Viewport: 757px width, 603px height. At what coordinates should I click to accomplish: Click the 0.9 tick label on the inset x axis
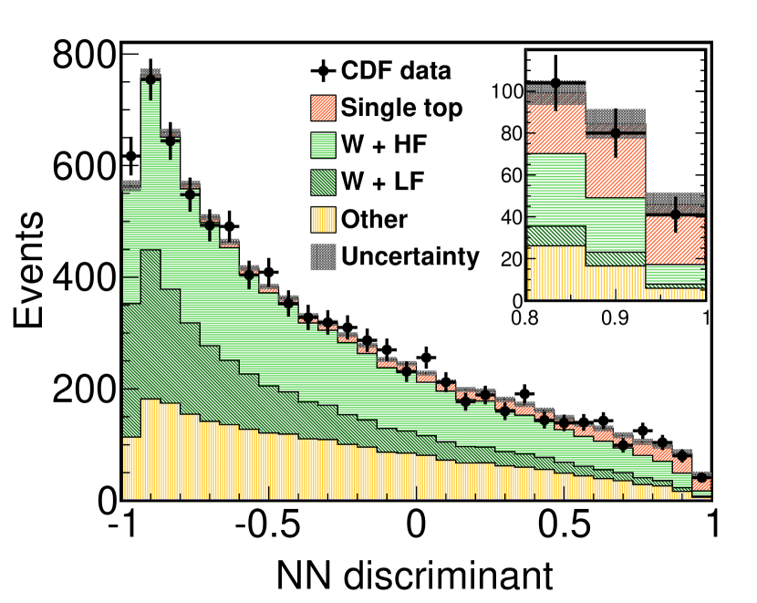pos(617,318)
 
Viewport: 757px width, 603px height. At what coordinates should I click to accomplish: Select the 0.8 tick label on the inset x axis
pos(525,318)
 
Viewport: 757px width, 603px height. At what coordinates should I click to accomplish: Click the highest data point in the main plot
pos(150,79)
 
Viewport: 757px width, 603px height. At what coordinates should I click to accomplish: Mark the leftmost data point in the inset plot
pos(555,84)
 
